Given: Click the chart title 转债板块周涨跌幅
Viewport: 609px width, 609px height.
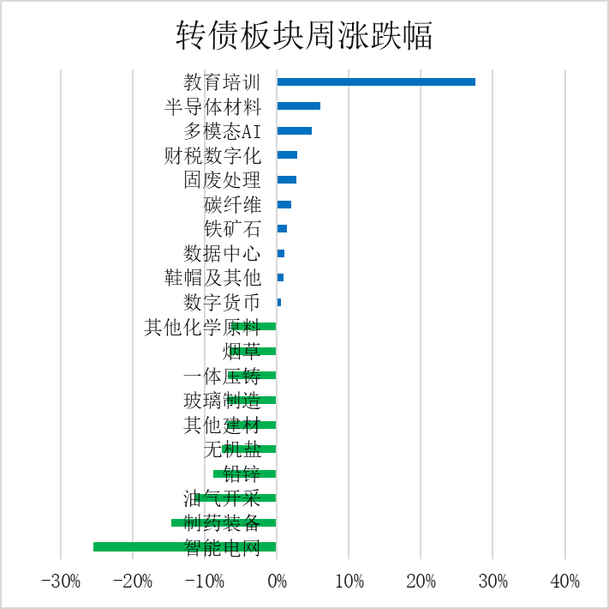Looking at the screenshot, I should [x=304, y=36].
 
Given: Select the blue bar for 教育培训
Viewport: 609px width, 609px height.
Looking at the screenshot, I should [x=376, y=81].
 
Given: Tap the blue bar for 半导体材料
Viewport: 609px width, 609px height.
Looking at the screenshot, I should [x=298, y=106].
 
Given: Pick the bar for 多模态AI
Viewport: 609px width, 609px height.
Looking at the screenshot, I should [x=294, y=130].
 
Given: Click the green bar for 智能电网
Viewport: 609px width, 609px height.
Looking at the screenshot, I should [x=184, y=546].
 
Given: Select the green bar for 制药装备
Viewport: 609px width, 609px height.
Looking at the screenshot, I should [x=224, y=522].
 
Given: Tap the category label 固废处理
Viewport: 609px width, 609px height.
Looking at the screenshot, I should [x=222, y=180].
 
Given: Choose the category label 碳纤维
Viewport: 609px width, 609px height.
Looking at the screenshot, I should [x=232, y=205].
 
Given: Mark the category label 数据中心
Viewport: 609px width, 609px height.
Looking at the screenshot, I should [x=222, y=254].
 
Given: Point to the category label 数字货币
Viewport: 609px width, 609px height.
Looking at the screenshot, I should [x=222, y=303].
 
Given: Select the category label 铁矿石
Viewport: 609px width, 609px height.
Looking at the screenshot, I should [x=232, y=229].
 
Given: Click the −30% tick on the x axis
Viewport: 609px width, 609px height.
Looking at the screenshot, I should [x=61, y=582].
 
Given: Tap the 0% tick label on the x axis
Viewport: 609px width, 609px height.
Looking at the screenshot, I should [x=277, y=582].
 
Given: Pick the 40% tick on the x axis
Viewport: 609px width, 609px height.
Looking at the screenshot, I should [x=565, y=582].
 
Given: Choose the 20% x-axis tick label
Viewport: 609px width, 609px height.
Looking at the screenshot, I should [x=421, y=582].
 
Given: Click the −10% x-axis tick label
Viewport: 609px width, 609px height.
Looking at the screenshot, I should [x=205, y=582].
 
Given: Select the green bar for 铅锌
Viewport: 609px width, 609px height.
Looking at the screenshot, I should [x=245, y=473].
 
